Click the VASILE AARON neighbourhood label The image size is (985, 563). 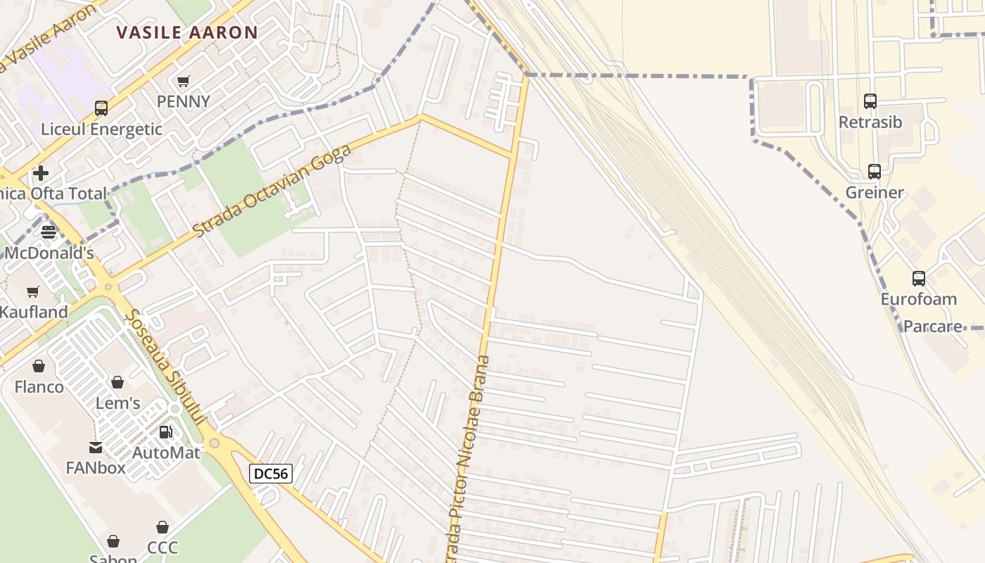(187, 32)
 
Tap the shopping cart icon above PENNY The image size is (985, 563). (184, 82)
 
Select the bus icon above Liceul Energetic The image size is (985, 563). (101, 108)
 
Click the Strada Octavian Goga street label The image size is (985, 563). (271, 191)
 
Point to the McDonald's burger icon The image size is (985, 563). (49, 232)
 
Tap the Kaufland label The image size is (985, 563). (34, 312)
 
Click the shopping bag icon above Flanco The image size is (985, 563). (39, 366)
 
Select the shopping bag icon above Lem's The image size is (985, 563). (117, 382)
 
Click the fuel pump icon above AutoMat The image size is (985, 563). (166, 432)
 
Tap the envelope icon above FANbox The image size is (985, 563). (95, 448)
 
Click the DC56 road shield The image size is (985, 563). (271, 474)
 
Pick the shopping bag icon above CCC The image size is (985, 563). (163, 527)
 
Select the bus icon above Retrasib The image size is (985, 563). (870, 101)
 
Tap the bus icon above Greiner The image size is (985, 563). (875, 172)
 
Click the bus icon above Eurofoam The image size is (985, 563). (919, 279)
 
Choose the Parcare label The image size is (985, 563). (932, 327)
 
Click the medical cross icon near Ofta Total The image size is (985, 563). (41, 172)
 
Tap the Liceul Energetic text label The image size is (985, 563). (101, 129)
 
